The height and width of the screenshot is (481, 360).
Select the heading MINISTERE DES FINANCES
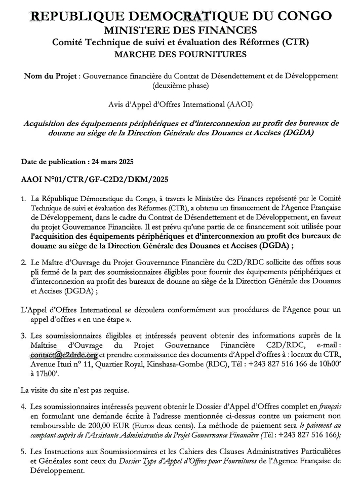click(180, 30)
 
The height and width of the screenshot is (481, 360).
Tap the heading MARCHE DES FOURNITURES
click(180, 54)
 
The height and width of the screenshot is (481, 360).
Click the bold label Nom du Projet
click(50, 76)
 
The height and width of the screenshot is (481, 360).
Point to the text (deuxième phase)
click(180, 85)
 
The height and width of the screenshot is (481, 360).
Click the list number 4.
click(23, 408)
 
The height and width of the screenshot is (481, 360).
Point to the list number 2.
click(23, 263)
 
